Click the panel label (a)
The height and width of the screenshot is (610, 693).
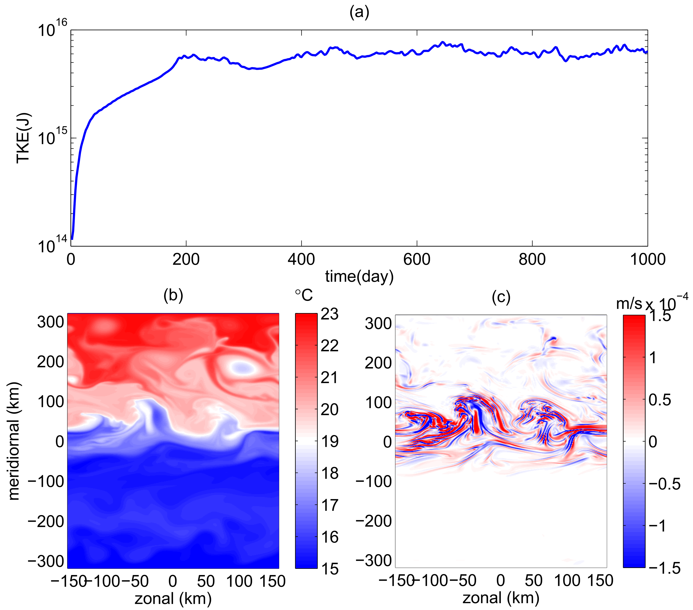pos(359,13)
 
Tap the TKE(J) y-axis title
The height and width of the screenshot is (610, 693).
pos(24,138)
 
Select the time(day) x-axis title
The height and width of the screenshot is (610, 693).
pos(359,276)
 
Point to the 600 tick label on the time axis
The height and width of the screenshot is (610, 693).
pos(416,260)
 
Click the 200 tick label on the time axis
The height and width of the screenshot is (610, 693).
pos(186,260)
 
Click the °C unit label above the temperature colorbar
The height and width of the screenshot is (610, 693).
pos(304,295)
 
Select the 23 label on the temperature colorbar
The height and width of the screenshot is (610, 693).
pos(329,314)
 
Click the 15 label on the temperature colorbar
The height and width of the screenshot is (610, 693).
pos(329,569)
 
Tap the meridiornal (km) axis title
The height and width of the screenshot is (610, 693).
pos(14,441)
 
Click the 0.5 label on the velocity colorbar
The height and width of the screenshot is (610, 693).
pos(659,400)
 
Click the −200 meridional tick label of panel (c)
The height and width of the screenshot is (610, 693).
pos(374,521)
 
